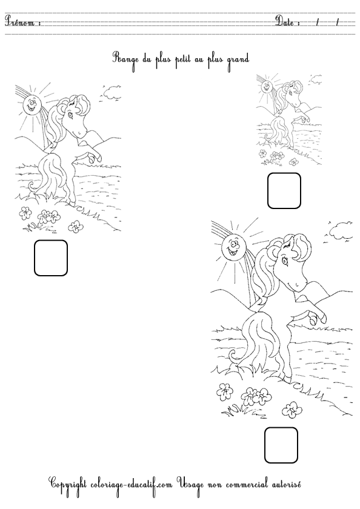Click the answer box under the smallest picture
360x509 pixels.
(284, 190)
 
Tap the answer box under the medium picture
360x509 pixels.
(50, 258)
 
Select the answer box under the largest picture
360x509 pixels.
(281, 445)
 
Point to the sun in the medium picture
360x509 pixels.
(32, 104)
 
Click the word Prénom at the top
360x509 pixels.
(22, 23)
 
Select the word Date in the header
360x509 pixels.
(287, 22)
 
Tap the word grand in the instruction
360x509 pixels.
(238, 59)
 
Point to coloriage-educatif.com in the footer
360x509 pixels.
(134, 485)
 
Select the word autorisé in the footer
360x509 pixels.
(281, 485)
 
